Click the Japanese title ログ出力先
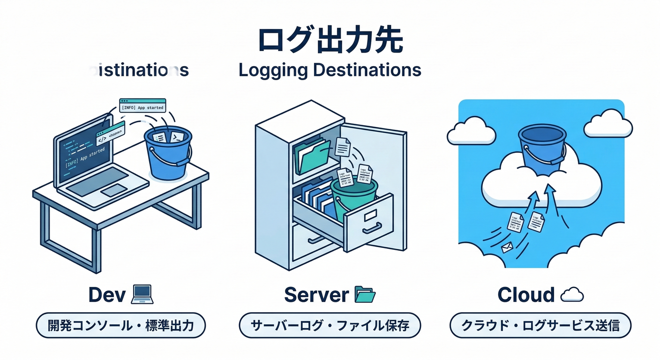[x=330, y=41]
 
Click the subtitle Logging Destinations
[x=330, y=70]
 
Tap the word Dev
[x=107, y=295]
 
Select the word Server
[x=316, y=295]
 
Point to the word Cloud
[x=526, y=295]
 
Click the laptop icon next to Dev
[x=143, y=295]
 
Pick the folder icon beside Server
[x=366, y=295]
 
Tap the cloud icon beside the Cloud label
[x=572, y=295]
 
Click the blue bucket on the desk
[x=168, y=152]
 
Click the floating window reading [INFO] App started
[x=142, y=105]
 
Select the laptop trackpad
[x=114, y=190]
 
